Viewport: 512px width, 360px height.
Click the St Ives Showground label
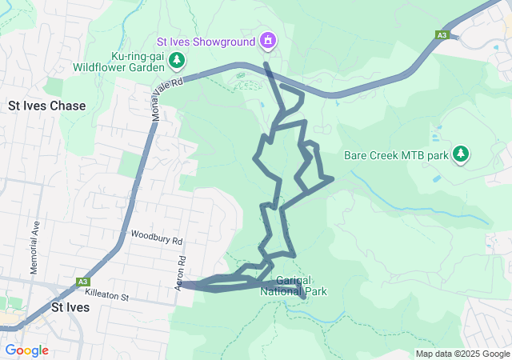[x=206, y=40]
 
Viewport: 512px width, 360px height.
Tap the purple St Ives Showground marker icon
[x=267, y=40]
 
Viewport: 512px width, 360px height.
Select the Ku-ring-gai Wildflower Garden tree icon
[x=176, y=61]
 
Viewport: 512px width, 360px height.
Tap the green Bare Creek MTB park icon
[x=460, y=154]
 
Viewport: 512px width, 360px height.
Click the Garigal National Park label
[x=294, y=286]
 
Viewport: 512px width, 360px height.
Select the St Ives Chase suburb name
[x=46, y=106]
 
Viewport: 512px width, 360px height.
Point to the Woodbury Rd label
[x=157, y=240]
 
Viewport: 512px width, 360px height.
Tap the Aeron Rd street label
[x=182, y=273]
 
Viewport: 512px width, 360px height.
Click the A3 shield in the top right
[x=442, y=34]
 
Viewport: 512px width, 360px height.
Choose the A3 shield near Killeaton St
[x=82, y=282]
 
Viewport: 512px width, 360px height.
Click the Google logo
[x=26, y=350]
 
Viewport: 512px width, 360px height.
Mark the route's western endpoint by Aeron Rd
[x=188, y=284]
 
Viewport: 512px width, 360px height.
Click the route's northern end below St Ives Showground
[x=266, y=63]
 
